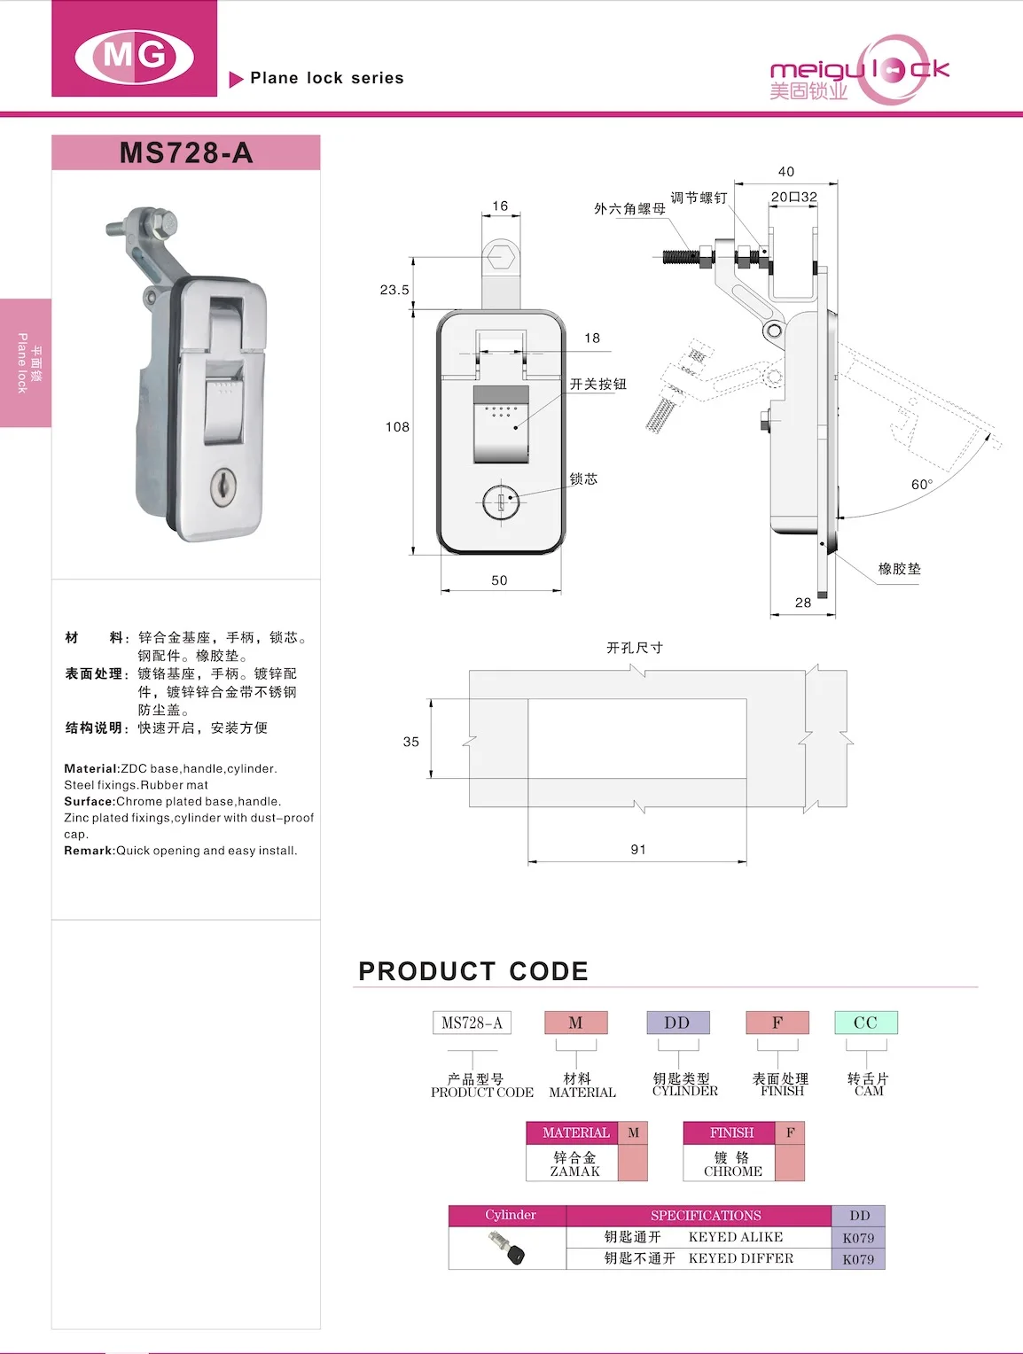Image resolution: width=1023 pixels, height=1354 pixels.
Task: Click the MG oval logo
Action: pyautogui.click(x=135, y=55)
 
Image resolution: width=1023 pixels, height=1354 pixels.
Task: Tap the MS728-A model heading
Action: pyautogui.click(x=186, y=152)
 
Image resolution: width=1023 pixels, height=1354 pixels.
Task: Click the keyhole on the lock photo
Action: pyautogui.click(x=223, y=486)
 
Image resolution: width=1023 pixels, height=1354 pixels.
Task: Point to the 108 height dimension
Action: pyautogui.click(x=397, y=427)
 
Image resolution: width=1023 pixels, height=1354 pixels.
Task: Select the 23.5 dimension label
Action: pyautogui.click(x=394, y=290)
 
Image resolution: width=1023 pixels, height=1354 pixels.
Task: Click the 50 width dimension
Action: pyautogui.click(x=499, y=580)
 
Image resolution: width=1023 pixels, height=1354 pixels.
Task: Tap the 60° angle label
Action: pyautogui.click(x=921, y=485)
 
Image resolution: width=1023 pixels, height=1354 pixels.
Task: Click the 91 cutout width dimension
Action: pyautogui.click(x=638, y=849)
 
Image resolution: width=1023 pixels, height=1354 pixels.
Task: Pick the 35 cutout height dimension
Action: pyautogui.click(x=410, y=742)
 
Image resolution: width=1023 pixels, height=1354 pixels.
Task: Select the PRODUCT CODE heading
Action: pyautogui.click(x=473, y=971)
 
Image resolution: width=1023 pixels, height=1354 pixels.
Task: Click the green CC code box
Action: pyautogui.click(x=865, y=1023)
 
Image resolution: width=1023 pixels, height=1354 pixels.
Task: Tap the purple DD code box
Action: pyautogui.click(x=677, y=1023)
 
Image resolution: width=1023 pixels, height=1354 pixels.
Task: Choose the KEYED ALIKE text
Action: pyautogui.click(x=736, y=1237)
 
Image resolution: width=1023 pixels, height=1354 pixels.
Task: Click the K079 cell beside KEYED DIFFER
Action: pyautogui.click(x=858, y=1259)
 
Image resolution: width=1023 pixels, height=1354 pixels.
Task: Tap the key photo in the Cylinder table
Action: pyautogui.click(x=507, y=1249)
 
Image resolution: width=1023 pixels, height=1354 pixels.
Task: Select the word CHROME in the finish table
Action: pyautogui.click(x=733, y=1171)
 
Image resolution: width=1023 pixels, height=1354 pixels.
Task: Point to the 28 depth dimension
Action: pyautogui.click(x=803, y=603)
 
